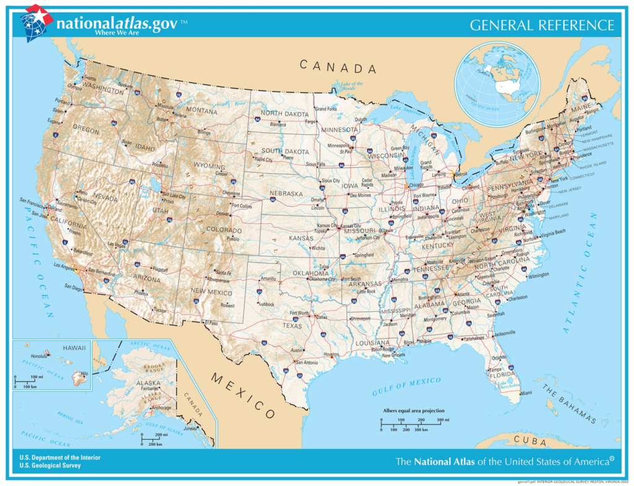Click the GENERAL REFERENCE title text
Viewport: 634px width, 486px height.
click(542, 25)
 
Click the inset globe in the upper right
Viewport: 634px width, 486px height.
click(497, 84)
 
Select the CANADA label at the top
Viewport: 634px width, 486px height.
click(338, 66)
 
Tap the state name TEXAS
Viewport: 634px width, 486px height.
click(292, 325)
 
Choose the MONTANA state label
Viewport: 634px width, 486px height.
click(201, 111)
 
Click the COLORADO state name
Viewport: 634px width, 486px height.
click(224, 230)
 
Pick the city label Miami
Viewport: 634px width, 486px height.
click(526, 393)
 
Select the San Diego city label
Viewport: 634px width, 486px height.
click(73, 287)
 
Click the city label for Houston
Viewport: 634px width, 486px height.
click(332, 355)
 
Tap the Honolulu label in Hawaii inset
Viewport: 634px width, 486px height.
click(39, 356)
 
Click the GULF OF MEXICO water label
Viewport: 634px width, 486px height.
click(406, 387)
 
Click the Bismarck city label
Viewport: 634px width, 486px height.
click(278, 124)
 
